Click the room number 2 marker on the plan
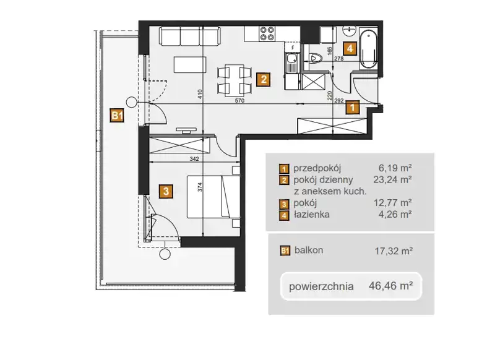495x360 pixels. pyautogui.click(x=264, y=79)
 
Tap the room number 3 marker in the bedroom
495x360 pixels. pyautogui.click(x=166, y=191)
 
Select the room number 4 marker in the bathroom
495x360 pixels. pyautogui.click(x=350, y=49)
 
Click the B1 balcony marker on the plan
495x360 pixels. pyautogui.click(x=117, y=115)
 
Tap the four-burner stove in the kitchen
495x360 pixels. pyautogui.click(x=267, y=34)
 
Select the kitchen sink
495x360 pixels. pyautogui.click(x=291, y=62)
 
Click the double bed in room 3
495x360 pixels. pyautogui.click(x=213, y=197)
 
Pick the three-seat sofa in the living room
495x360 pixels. pyautogui.click(x=189, y=36)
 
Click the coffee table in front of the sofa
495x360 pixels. pyautogui.click(x=190, y=65)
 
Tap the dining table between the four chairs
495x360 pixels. pyautogui.click(x=234, y=80)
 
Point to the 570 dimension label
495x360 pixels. pyautogui.click(x=239, y=101)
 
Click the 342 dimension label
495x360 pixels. pyautogui.click(x=194, y=159)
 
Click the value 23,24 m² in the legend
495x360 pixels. pyautogui.click(x=392, y=179)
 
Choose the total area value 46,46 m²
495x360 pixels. pyautogui.click(x=391, y=286)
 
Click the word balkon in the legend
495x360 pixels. pyautogui.click(x=309, y=250)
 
